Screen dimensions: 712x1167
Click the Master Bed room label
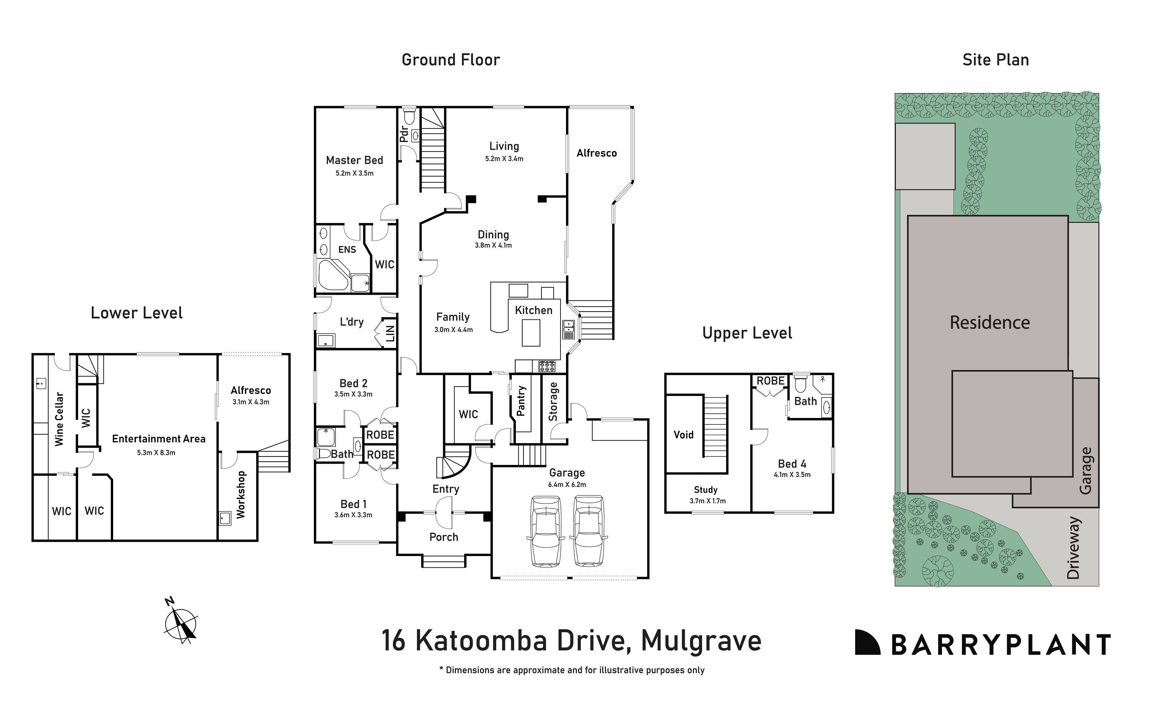click(354, 160)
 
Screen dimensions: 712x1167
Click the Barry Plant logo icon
click(867, 642)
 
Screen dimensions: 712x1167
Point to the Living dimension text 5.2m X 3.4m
click(504, 159)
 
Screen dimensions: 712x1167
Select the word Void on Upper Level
click(683, 434)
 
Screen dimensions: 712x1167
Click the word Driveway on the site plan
click(1073, 548)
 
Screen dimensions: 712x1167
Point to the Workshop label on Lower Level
click(241, 494)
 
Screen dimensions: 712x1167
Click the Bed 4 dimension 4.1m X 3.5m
click(792, 475)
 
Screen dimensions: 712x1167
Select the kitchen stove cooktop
click(547, 366)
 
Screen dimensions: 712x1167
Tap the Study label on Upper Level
click(706, 490)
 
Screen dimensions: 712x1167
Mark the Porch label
click(444, 537)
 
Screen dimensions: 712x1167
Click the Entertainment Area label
click(159, 439)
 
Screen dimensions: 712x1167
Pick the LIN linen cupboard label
click(390, 334)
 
